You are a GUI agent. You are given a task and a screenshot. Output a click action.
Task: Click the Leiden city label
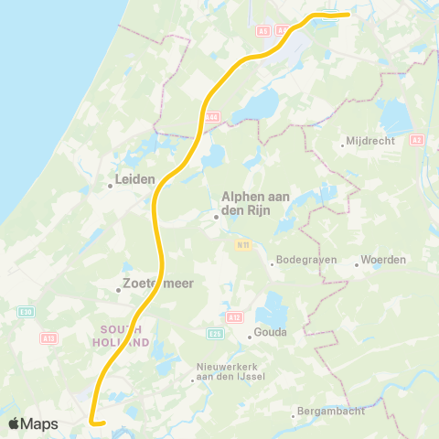click(134, 180)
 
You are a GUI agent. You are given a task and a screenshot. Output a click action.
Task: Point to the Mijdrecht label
click(369, 143)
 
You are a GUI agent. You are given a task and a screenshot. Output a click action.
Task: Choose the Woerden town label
click(383, 260)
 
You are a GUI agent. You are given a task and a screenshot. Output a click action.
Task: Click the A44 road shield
click(212, 117)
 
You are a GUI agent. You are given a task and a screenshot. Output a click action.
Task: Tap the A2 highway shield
click(417, 140)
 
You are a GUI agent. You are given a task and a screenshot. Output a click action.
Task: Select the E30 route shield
click(26, 312)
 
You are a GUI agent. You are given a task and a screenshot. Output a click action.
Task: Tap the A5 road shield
click(263, 30)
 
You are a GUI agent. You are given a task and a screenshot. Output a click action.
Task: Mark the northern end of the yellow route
click(347, 14)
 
